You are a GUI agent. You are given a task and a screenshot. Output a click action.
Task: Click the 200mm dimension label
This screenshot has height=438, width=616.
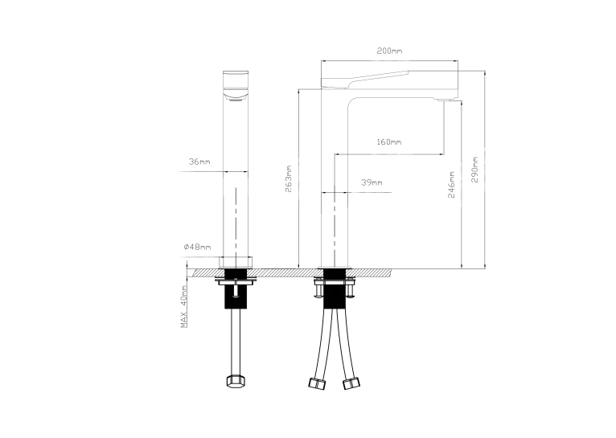click(x=389, y=51)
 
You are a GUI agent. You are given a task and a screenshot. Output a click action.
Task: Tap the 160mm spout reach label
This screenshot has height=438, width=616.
click(x=389, y=141)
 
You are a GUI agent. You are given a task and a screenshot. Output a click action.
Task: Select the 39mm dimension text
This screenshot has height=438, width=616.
click(x=372, y=182)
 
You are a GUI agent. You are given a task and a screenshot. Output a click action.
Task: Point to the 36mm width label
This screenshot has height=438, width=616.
click(x=199, y=162)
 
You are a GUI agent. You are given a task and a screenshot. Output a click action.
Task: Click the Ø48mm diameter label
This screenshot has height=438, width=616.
click(x=197, y=247)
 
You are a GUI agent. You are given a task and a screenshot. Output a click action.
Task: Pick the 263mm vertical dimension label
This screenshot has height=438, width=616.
click(x=289, y=178)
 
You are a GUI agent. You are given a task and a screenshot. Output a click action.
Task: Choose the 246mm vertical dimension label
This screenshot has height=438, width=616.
click(x=451, y=185)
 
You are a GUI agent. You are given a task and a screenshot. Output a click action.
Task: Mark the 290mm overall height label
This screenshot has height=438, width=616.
click(x=475, y=170)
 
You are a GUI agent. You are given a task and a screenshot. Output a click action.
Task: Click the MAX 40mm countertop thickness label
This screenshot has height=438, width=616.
click(x=183, y=306)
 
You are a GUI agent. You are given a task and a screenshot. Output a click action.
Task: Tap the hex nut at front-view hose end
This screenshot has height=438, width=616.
click(x=236, y=381)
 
